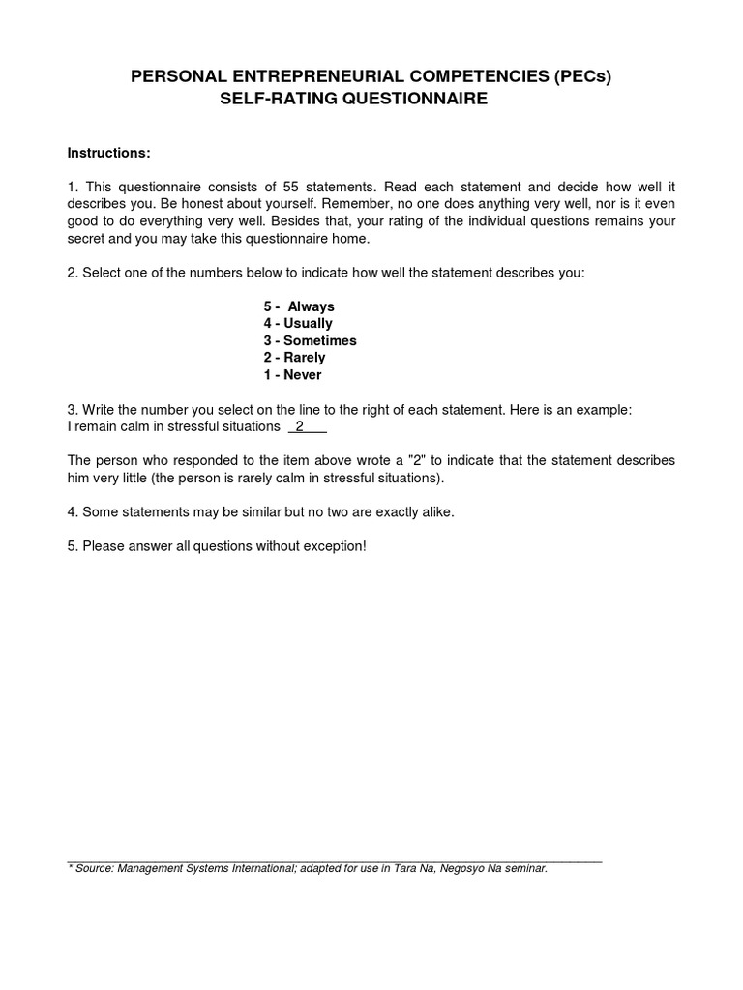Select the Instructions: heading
108,153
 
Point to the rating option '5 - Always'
299,306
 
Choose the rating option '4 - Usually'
298,324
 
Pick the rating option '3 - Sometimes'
310,340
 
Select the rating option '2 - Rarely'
294,358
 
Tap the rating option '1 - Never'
292,375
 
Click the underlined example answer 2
300,426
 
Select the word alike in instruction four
433,512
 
